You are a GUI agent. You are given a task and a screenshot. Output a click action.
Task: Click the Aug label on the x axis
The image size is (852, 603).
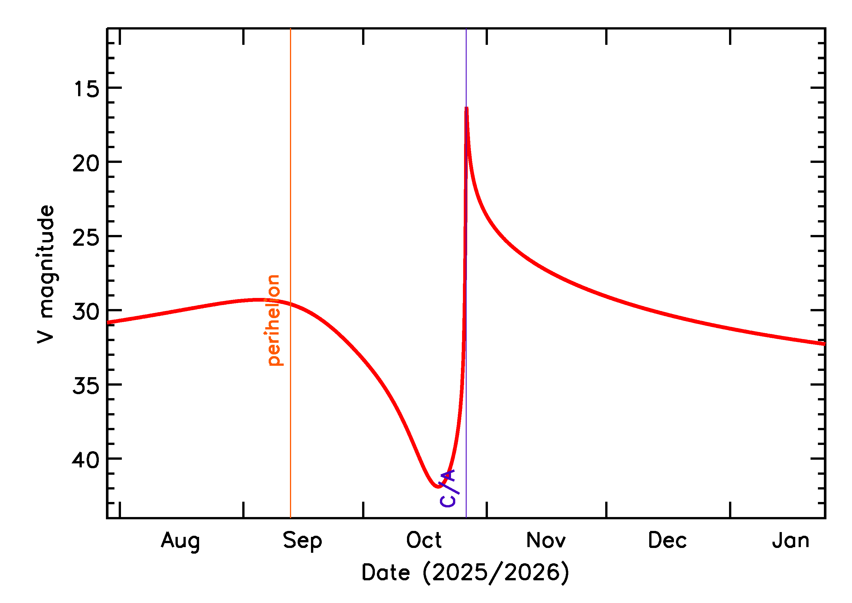(x=180, y=541)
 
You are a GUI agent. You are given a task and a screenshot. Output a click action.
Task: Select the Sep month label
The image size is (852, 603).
(x=302, y=541)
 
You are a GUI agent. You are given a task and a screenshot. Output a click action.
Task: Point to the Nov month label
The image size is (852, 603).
(x=546, y=540)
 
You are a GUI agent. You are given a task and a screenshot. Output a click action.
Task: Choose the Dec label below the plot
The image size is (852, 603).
(x=667, y=540)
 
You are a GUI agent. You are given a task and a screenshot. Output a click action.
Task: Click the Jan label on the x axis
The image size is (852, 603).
(x=791, y=540)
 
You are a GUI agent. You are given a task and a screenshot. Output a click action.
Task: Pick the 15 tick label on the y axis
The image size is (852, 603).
(x=87, y=89)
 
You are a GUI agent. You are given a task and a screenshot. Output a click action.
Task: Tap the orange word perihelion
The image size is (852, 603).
(x=274, y=320)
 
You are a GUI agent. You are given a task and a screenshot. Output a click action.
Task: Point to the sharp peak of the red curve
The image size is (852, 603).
(x=466, y=108)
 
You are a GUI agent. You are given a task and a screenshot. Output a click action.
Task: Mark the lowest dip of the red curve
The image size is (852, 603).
(x=438, y=487)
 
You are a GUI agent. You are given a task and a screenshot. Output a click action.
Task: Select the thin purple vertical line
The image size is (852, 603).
(x=466, y=408)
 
